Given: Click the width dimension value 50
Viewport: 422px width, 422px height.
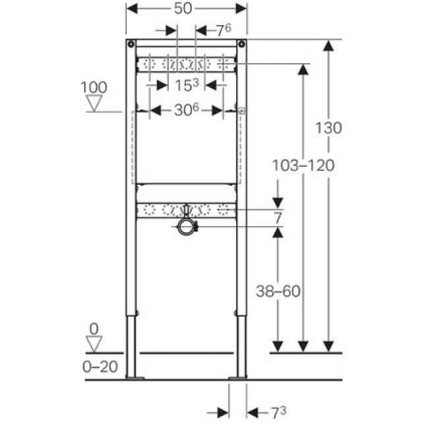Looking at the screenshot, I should click(x=187, y=9).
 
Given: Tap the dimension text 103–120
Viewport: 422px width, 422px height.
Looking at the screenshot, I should click(x=303, y=166).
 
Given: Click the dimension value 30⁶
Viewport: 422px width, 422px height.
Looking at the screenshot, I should click(x=187, y=111).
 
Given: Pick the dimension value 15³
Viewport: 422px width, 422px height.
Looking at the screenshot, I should click(x=187, y=84).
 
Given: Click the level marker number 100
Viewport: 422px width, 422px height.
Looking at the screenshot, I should click(x=94, y=87).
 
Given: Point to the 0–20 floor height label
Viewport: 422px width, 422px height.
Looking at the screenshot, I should click(x=100, y=367).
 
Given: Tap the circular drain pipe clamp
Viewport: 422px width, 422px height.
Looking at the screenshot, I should click(x=187, y=227).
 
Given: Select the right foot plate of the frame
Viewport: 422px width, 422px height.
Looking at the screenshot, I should click(x=237, y=378).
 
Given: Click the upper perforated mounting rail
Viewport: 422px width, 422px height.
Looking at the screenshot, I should click(x=187, y=65).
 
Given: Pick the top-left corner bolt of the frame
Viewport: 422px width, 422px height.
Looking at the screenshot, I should click(x=131, y=45).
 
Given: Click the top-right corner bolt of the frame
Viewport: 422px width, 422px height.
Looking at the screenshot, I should click(x=243, y=45).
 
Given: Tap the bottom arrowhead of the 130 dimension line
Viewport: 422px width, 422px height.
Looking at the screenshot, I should click(x=329, y=346).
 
